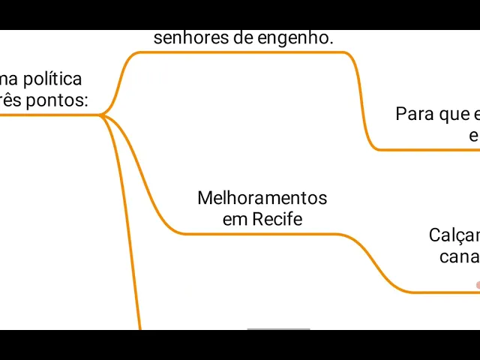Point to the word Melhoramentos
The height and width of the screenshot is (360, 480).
click(x=262, y=198)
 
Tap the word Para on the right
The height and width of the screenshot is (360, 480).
click(x=415, y=114)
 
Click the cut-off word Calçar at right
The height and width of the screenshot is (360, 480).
click(x=454, y=235)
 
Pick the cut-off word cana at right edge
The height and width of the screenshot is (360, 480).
click(x=460, y=256)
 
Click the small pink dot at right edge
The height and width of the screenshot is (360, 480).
click(x=478, y=285)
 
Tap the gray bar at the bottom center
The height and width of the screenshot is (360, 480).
click(x=278, y=328)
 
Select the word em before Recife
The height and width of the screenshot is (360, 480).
click(x=235, y=219)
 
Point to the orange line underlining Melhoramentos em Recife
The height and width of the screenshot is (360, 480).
click(x=262, y=234)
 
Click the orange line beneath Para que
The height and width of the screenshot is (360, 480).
click(x=427, y=150)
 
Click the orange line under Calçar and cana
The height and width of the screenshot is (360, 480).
click(x=442, y=292)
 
